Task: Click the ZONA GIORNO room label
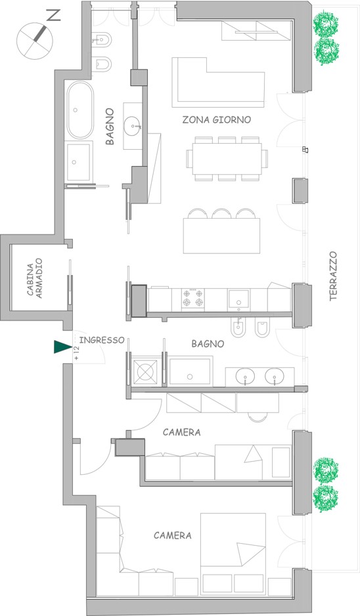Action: (x=217, y=120)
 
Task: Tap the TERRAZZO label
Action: (x=333, y=276)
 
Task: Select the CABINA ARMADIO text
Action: (x=35, y=278)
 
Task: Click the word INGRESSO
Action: (x=101, y=340)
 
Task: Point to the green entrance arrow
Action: (x=62, y=347)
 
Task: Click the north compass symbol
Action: (x=35, y=39)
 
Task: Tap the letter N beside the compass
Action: (x=55, y=15)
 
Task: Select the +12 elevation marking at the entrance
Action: (x=76, y=353)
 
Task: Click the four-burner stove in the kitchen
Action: (x=192, y=299)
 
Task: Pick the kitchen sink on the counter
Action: (x=238, y=299)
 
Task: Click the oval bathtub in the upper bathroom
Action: (x=80, y=110)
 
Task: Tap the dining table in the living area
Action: (x=227, y=159)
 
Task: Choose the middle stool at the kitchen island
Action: (x=221, y=213)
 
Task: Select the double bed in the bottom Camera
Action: (x=233, y=553)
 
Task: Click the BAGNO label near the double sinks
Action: (x=208, y=343)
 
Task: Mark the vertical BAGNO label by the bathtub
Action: (x=110, y=127)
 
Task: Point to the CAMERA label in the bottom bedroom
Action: (x=173, y=535)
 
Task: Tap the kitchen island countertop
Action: (x=221, y=236)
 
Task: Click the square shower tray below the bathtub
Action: (x=80, y=161)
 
